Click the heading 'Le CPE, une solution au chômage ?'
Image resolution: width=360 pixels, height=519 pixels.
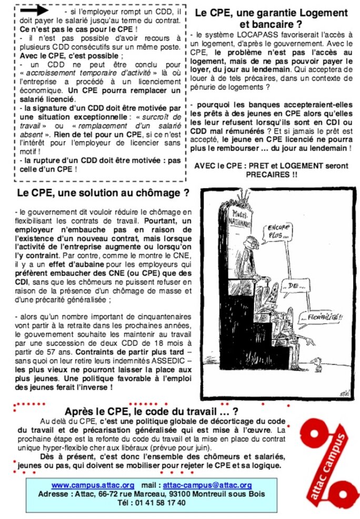(103, 193)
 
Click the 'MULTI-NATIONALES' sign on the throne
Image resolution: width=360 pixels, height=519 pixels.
(241, 219)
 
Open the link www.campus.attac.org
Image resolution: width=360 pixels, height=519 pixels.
(93, 485)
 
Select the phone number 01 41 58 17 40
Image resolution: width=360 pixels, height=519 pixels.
(159, 503)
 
